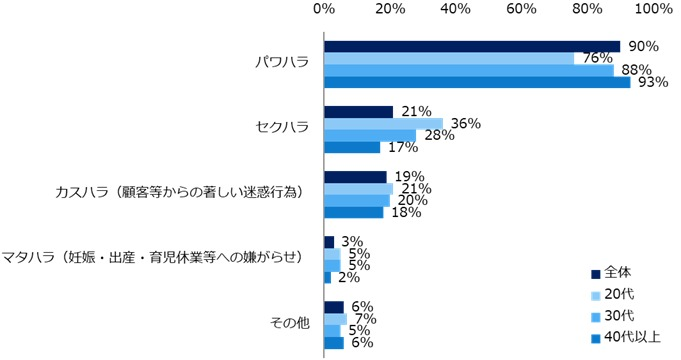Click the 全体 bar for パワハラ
(472, 46)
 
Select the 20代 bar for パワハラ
(449, 58)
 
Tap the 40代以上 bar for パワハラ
(477, 82)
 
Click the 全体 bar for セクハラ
(358, 111)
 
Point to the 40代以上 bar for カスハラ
(353, 212)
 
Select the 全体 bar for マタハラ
(329, 242)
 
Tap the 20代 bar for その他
(335, 319)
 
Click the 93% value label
(653, 83)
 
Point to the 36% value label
(467, 123)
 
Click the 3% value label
(351, 242)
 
